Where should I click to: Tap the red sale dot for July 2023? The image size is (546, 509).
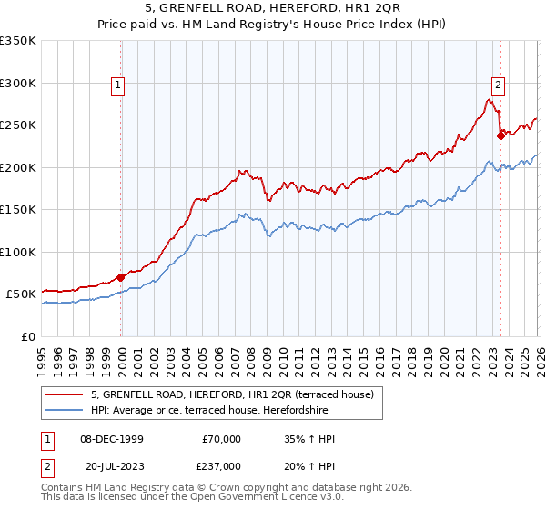coord(500,136)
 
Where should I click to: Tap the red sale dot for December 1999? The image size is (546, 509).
coord(121,277)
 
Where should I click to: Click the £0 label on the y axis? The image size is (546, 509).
coord(27,336)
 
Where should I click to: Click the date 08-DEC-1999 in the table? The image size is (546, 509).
coord(110,439)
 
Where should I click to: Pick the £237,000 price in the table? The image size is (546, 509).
coord(221,464)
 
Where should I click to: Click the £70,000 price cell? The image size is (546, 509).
coord(221,439)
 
